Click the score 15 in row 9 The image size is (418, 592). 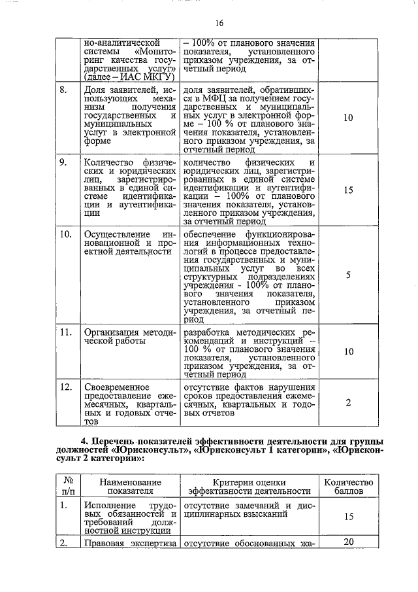click(347, 190)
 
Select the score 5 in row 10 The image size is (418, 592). click(348, 275)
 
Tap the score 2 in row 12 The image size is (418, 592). click(348, 402)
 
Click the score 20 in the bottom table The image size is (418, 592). click(348, 542)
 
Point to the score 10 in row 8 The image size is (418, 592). click(347, 118)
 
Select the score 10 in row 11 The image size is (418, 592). click(347, 352)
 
